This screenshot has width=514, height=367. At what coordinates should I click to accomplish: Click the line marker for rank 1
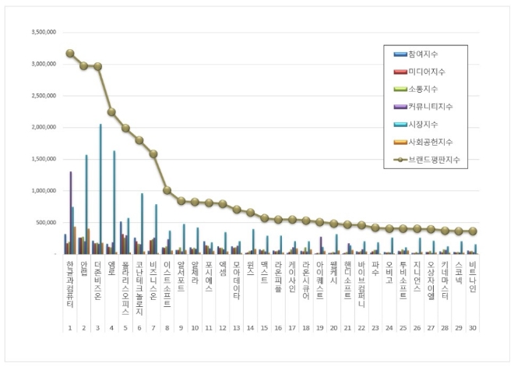click(69, 53)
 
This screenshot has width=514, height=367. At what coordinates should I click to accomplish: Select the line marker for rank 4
click(111, 112)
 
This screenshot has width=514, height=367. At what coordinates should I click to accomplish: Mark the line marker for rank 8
click(167, 190)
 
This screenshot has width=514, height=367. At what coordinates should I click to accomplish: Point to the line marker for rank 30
click(472, 231)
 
